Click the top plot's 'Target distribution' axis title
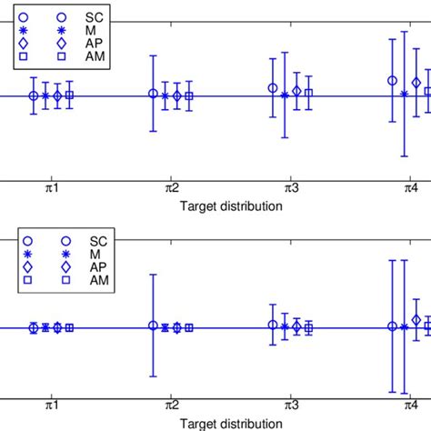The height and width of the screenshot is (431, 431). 231,205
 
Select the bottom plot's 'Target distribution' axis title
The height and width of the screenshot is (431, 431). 231,424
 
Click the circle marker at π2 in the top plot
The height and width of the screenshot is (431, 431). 153,94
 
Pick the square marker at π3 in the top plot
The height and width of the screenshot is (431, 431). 308,93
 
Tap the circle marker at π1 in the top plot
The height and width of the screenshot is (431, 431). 34,95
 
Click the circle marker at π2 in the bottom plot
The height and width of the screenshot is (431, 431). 153,326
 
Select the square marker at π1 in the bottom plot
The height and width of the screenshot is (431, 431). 69,327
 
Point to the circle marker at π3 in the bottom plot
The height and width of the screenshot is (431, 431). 273,325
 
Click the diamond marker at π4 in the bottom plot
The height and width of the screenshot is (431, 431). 416,320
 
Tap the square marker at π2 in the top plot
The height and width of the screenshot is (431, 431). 189,95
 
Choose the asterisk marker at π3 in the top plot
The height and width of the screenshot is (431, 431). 285,95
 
